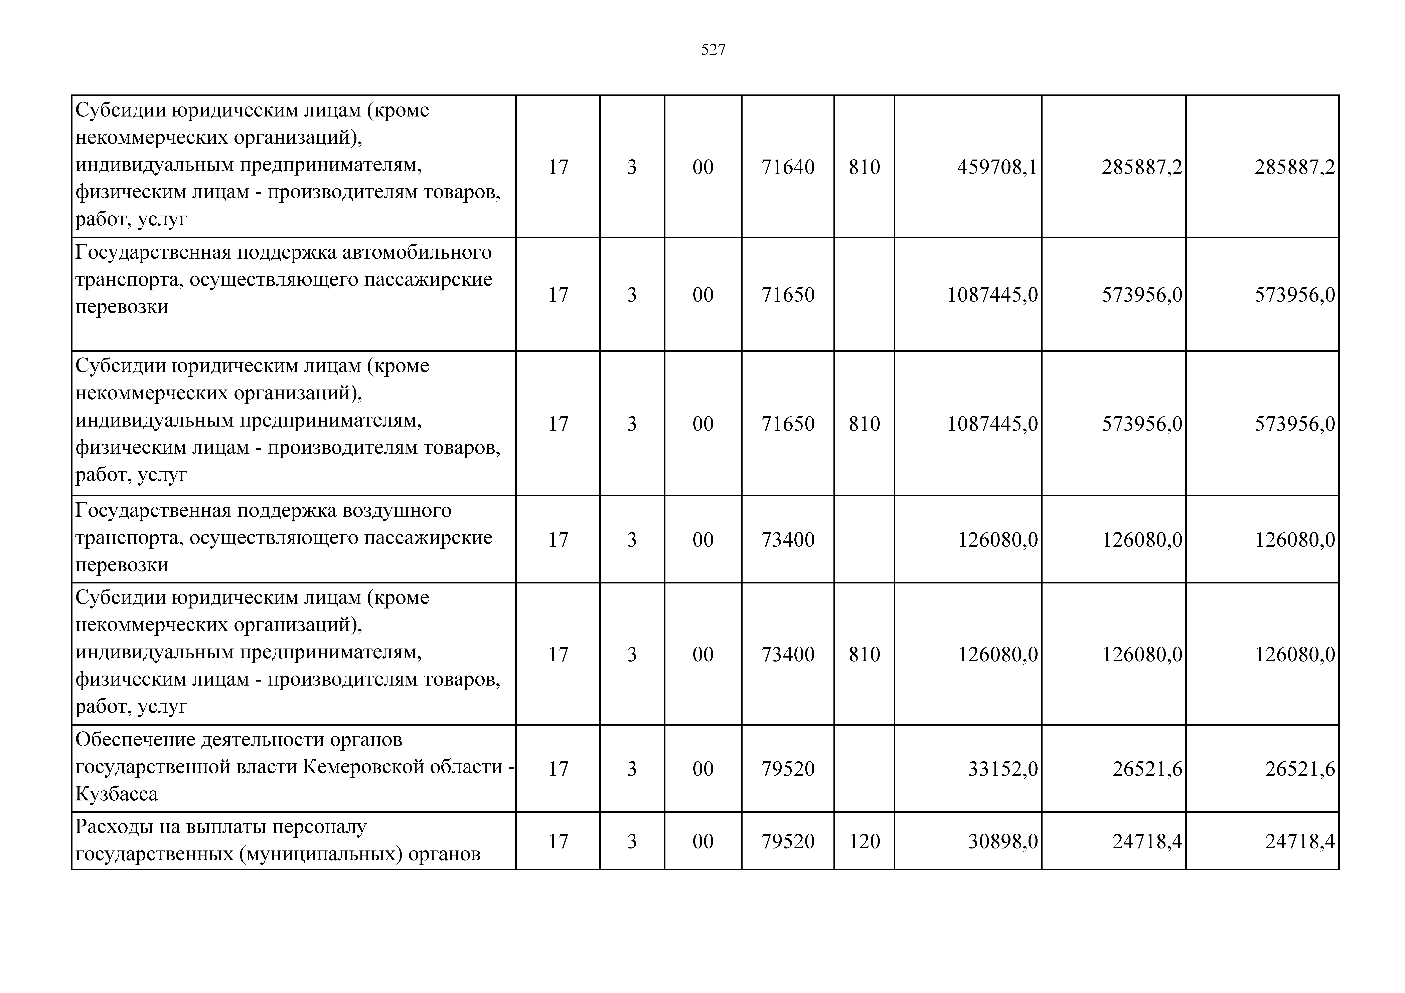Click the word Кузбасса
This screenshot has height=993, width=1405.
pyautogui.click(x=116, y=794)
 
